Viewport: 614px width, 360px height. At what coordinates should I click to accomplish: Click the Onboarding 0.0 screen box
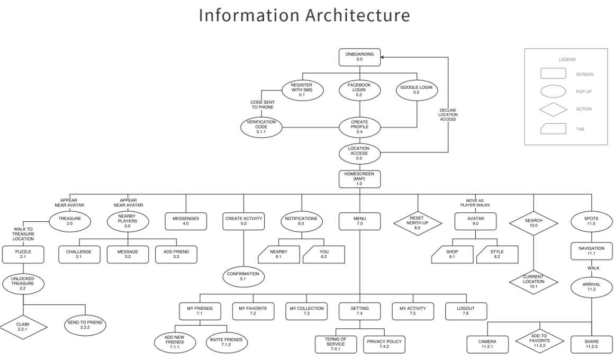[x=359, y=57]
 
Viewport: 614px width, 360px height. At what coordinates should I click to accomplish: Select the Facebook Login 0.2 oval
[x=359, y=90]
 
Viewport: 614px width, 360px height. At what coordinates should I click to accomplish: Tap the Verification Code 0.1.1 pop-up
[x=261, y=127]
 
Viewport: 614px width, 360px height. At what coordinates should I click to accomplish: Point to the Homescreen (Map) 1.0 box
[x=359, y=178]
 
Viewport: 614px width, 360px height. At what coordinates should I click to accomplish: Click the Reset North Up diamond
[x=418, y=223]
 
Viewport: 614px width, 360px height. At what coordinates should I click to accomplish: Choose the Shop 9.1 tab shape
[x=452, y=255]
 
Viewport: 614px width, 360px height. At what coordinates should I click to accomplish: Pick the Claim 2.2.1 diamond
[x=23, y=327]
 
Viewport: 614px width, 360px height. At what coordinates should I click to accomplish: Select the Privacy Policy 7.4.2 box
[x=384, y=344]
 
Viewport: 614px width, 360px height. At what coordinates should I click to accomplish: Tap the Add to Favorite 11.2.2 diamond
[x=539, y=341]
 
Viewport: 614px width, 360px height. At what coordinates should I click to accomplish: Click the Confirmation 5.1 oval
[x=243, y=276]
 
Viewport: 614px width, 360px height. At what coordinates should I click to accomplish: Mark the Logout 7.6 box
[x=466, y=311]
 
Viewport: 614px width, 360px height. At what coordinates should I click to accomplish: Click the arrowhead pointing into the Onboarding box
[x=383, y=57]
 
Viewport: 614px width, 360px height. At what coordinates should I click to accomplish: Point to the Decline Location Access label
[x=448, y=115]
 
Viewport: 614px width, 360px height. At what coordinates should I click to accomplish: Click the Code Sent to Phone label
[x=263, y=105]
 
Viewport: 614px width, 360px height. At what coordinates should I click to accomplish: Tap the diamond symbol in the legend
[x=553, y=109]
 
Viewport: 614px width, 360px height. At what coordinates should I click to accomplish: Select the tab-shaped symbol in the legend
[x=553, y=129]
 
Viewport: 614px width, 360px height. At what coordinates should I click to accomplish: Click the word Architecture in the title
[x=357, y=16]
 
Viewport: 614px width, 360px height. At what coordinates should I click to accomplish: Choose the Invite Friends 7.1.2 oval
[x=226, y=342]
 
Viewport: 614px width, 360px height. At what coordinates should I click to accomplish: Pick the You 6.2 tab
[x=324, y=255]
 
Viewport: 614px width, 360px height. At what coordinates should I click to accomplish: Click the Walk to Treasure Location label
[x=23, y=234]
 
